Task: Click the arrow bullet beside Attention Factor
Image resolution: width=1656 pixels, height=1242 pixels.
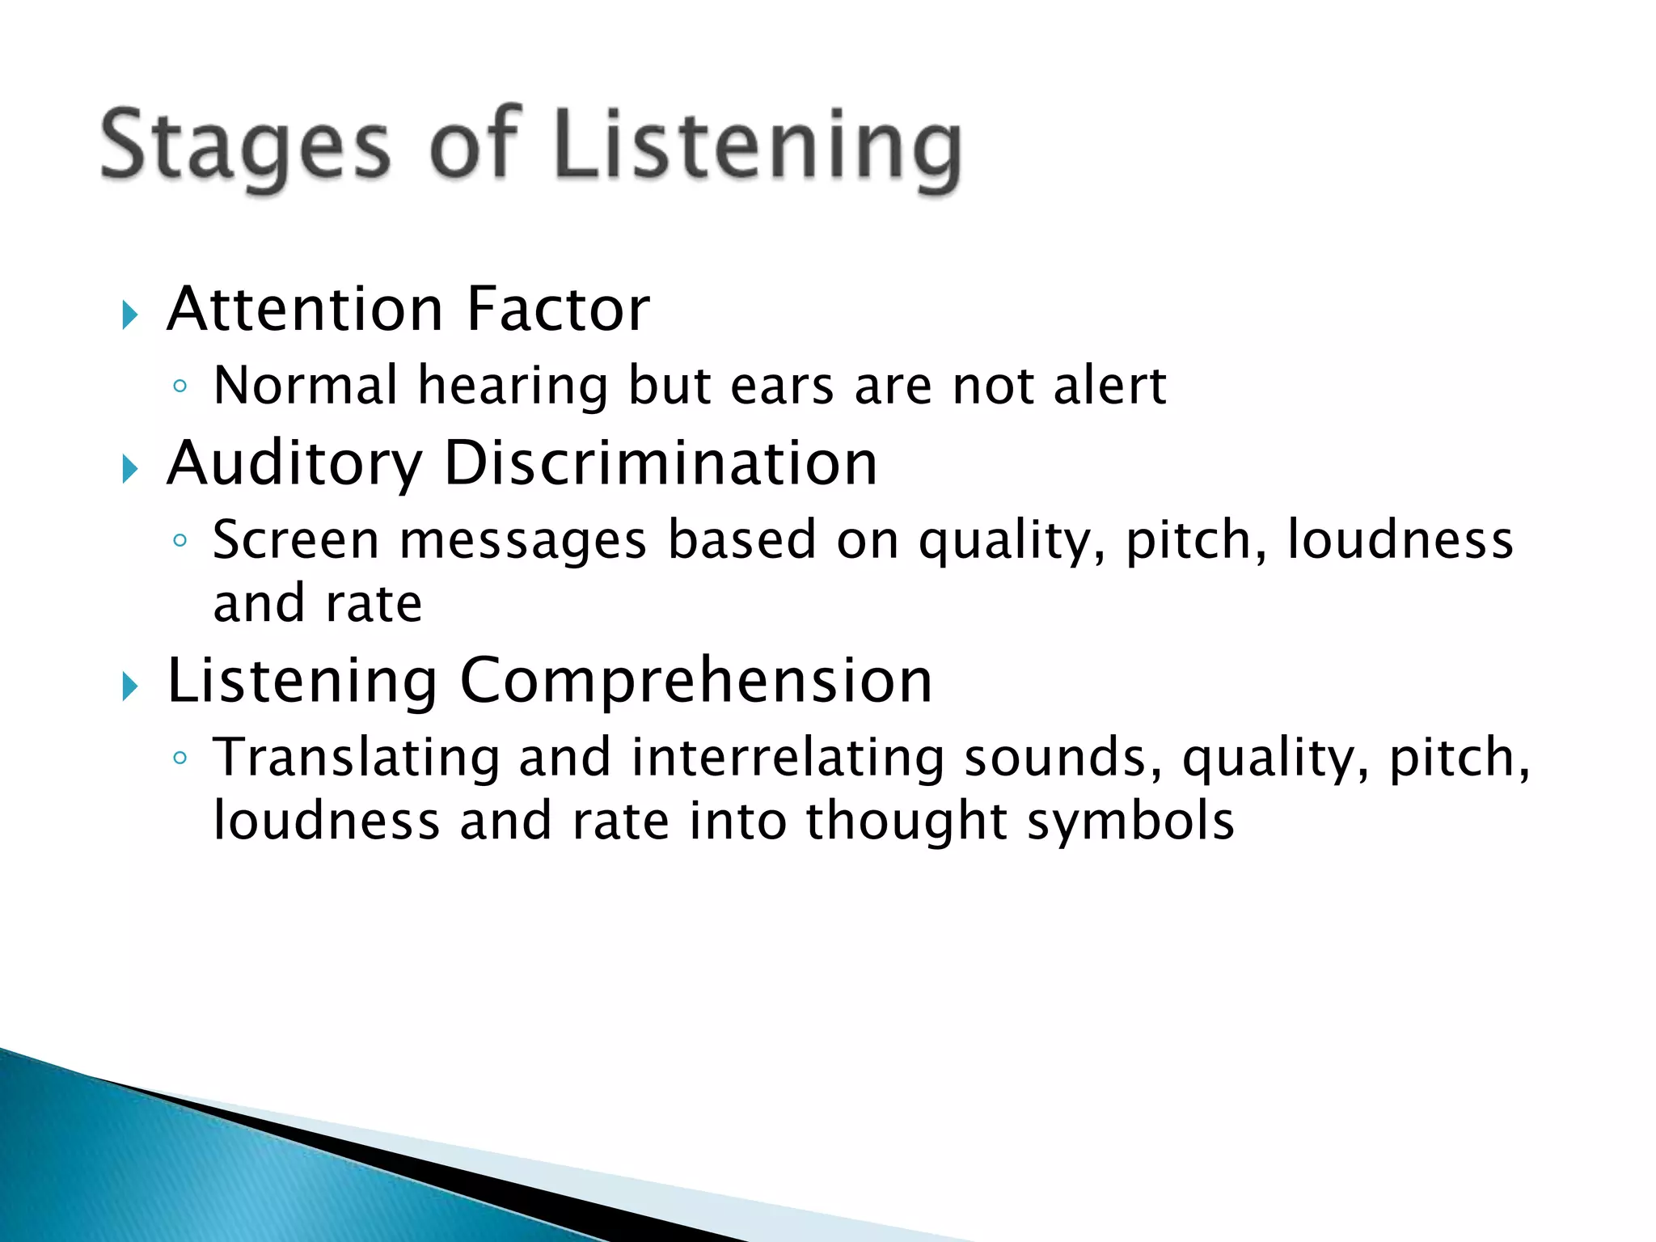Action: coord(130,315)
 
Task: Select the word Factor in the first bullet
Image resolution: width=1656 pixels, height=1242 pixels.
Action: coord(558,310)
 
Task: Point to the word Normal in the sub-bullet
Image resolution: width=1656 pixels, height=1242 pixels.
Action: coord(306,386)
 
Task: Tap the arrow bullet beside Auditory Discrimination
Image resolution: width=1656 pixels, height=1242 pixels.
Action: coord(130,468)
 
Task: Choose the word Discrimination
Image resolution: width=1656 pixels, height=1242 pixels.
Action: coord(660,463)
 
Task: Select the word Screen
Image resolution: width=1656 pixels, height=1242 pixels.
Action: coord(295,540)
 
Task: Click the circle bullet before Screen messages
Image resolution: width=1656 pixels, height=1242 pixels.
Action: coord(180,540)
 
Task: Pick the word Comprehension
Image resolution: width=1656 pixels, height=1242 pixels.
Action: coord(695,681)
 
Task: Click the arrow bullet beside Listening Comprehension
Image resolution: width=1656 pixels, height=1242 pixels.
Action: coord(130,686)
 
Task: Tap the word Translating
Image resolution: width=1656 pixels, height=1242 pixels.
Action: coord(356,759)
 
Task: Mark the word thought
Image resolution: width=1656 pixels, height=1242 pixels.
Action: coord(906,822)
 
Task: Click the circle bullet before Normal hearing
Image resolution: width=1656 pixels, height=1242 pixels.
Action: coord(180,387)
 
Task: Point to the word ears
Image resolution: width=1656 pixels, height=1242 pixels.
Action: coord(782,387)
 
